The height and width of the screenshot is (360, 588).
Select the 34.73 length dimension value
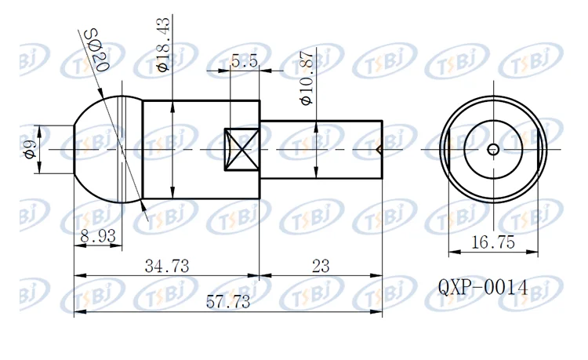(x=166, y=266)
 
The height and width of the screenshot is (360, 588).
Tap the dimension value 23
(x=321, y=266)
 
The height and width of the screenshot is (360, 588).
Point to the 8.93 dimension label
(x=98, y=235)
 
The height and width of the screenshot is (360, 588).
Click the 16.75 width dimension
(x=493, y=242)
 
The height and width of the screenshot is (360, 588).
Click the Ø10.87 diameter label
(x=307, y=78)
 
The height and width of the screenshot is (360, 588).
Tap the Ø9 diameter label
(x=30, y=149)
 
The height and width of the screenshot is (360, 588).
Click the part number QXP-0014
(x=483, y=289)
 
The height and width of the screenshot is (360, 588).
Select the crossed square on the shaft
(x=242, y=149)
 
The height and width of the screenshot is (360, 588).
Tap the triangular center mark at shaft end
(x=379, y=149)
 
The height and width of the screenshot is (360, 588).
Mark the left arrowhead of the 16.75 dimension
(x=452, y=253)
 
